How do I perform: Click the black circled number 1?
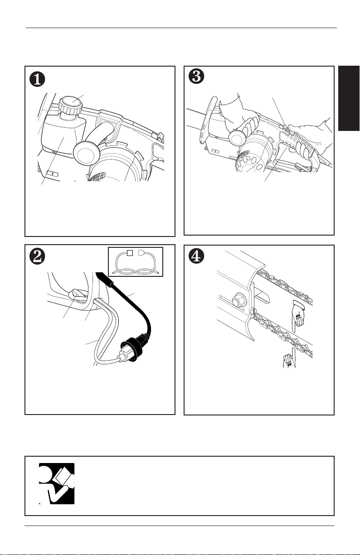tap(38, 79)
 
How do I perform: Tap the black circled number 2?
tap(38, 257)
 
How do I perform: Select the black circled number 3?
tap(196, 76)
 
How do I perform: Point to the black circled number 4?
tap(196, 257)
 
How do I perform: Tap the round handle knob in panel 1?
tap(85, 154)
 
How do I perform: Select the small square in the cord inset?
tap(130, 253)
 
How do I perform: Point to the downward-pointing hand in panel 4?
tap(298, 316)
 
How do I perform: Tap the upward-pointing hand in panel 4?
tap(290, 358)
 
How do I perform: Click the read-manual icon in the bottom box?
tap(57, 483)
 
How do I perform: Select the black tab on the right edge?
tap(349, 98)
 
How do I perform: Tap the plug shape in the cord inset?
tap(141, 253)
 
